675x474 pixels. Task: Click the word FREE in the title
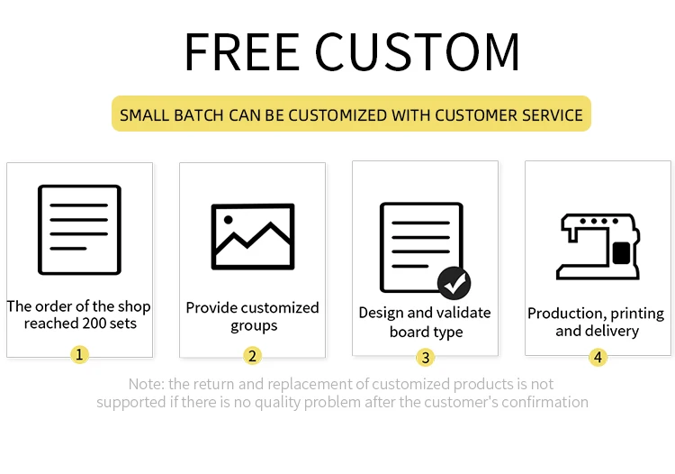pos(241,51)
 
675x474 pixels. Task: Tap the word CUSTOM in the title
pos(418,51)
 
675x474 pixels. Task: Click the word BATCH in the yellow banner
pos(199,115)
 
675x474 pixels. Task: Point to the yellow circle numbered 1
pos(79,355)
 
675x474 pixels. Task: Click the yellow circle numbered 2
pos(252,356)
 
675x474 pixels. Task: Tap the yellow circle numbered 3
pos(426,358)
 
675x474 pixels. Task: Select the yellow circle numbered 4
pos(598,357)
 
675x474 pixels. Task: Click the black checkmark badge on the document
pos(454,283)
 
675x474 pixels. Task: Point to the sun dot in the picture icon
pos(229,220)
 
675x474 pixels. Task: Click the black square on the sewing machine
pos(621,253)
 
